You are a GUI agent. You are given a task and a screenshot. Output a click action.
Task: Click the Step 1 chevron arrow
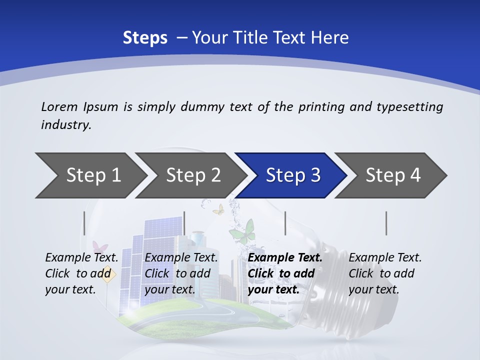[x=90, y=175]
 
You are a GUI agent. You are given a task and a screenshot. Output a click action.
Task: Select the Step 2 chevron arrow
[x=190, y=175]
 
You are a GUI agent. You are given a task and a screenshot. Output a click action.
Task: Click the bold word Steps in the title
[x=145, y=38]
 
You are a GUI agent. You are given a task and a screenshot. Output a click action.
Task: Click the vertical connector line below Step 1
[x=84, y=223]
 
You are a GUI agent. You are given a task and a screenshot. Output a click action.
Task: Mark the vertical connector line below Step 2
[x=184, y=223]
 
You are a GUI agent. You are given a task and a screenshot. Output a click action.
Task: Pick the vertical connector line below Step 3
[x=285, y=223]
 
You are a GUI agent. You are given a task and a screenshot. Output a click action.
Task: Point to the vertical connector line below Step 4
[x=386, y=223]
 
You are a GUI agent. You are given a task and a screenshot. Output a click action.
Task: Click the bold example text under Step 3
[x=285, y=273]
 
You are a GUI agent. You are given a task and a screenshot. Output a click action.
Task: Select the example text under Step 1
[x=81, y=273]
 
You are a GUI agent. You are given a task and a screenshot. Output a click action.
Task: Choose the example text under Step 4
[x=385, y=273]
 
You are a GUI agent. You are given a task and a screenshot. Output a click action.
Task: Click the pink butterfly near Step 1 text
[x=100, y=247]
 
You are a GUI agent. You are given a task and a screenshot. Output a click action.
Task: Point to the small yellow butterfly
[x=218, y=209]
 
